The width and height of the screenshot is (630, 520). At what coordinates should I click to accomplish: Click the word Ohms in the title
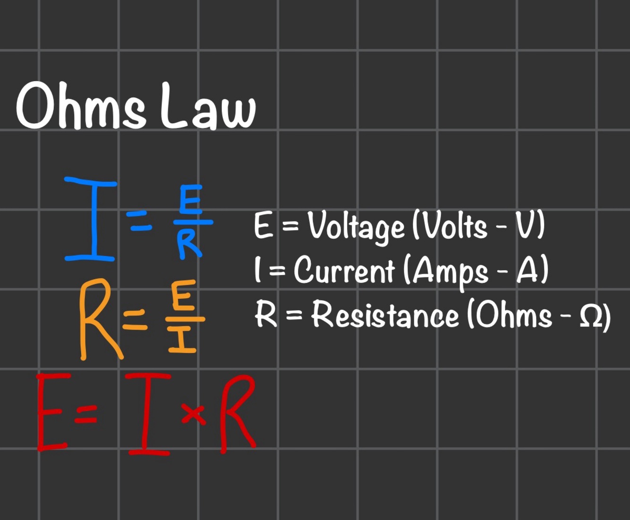click(x=81, y=107)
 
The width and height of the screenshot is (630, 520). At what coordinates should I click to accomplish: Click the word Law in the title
click(x=208, y=108)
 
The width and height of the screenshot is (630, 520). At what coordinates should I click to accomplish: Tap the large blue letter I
click(x=90, y=219)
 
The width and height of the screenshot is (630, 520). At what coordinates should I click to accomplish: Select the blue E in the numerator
click(x=190, y=200)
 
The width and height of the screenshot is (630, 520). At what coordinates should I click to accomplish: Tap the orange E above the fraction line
click(x=182, y=296)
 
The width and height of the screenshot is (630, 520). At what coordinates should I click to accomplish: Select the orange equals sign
click(x=135, y=320)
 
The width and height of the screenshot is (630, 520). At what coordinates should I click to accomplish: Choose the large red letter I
click(x=149, y=414)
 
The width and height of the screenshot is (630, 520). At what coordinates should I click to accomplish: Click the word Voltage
click(x=357, y=227)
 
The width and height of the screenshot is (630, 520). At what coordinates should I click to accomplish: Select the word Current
click(x=344, y=271)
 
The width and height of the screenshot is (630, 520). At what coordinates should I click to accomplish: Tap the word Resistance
click(x=385, y=315)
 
